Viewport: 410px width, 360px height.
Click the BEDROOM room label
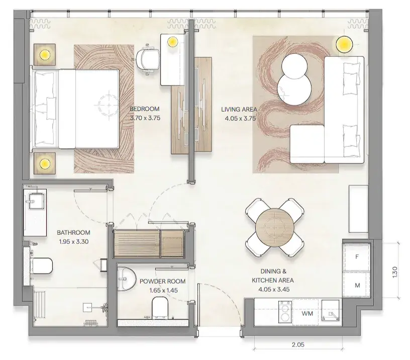click(144, 109)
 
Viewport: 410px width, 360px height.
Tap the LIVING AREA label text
click(239, 110)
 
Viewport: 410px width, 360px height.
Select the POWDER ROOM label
click(162, 282)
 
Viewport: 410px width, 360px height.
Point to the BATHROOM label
click(73, 233)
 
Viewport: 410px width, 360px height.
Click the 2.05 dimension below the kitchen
click(298, 345)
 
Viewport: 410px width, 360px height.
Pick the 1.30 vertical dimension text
click(395, 272)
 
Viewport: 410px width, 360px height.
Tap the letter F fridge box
click(357, 257)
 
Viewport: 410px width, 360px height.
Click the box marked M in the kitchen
click(357, 285)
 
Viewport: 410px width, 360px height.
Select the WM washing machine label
click(307, 313)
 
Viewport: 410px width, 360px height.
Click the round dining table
click(274, 227)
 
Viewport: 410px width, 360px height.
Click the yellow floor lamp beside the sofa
click(344, 44)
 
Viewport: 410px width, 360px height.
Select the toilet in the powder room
click(159, 307)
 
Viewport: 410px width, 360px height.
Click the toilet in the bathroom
click(42, 265)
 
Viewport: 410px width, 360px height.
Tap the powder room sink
click(127, 279)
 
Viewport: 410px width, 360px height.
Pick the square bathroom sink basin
click(36, 201)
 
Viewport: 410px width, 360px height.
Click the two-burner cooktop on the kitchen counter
click(285, 312)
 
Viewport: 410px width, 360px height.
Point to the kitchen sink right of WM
click(331, 311)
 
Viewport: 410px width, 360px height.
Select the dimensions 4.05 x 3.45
click(274, 290)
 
